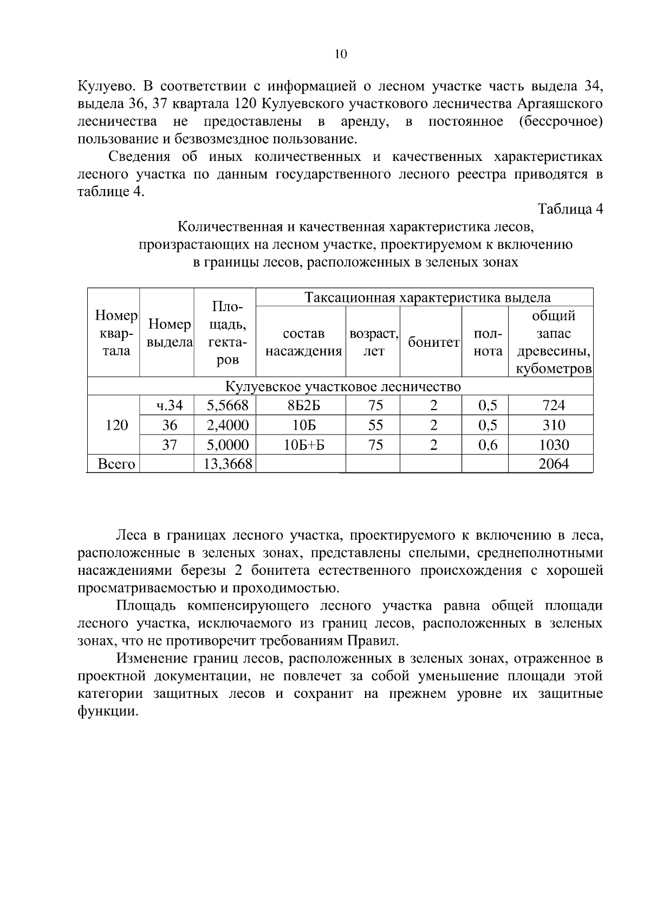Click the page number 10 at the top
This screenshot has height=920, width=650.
click(340, 54)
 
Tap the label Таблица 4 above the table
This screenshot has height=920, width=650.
click(570, 209)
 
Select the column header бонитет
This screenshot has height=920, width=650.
click(433, 342)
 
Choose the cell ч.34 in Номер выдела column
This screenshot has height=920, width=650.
click(170, 405)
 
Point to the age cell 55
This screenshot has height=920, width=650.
click(375, 425)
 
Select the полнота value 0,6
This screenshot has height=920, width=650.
click(487, 445)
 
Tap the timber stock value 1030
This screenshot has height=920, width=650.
click(554, 445)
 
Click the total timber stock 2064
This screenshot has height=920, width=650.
click(554, 464)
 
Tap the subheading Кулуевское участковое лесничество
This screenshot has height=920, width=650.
click(342, 387)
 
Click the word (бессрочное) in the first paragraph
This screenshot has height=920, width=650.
click(560, 121)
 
